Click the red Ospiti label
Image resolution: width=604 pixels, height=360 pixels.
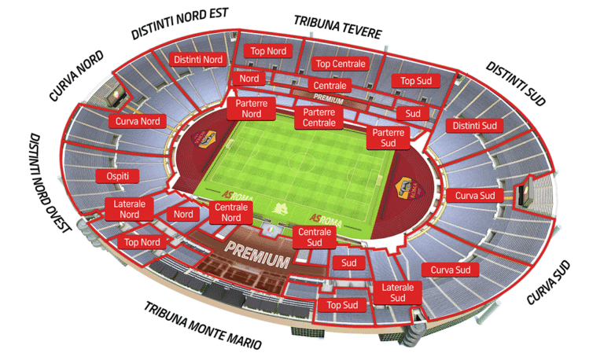(112, 176)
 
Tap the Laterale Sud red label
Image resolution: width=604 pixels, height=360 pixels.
(397, 292)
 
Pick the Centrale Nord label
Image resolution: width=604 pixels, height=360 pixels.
(231, 213)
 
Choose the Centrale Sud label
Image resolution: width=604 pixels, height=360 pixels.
(314, 237)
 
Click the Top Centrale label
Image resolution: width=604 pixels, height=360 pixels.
(340, 64)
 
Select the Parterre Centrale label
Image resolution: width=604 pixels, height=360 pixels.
(319, 118)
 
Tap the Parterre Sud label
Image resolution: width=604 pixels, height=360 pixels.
(389, 138)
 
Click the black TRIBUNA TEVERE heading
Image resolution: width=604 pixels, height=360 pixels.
(337, 26)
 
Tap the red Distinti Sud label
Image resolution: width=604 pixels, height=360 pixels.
(473, 125)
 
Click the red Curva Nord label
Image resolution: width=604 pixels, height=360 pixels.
(138, 121)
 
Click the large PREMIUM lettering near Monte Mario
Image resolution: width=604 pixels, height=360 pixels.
(257, 254)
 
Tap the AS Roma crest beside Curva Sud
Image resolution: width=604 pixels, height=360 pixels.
(408, 189)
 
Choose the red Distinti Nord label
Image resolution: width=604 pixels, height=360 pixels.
(198, 59)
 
